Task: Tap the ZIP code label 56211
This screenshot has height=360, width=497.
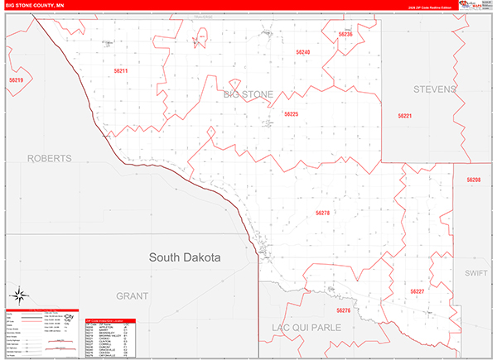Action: (x=121, y=71)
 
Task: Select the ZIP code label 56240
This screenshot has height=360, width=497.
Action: (x=303, y=52)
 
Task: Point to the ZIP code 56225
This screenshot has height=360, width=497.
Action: (x=291, y=113)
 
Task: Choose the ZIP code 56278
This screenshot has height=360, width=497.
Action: (x=322, y=213)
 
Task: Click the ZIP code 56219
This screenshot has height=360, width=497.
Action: (x=16, y=80)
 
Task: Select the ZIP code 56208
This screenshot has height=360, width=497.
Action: (x=473, y=180)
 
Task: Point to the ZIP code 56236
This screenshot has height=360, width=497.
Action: (x=345, y=34)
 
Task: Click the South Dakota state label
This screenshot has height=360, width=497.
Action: (x=185, y=257)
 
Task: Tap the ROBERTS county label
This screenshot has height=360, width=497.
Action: (x=49, y=157)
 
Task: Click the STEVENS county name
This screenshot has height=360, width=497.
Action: (x=435, y=89)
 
